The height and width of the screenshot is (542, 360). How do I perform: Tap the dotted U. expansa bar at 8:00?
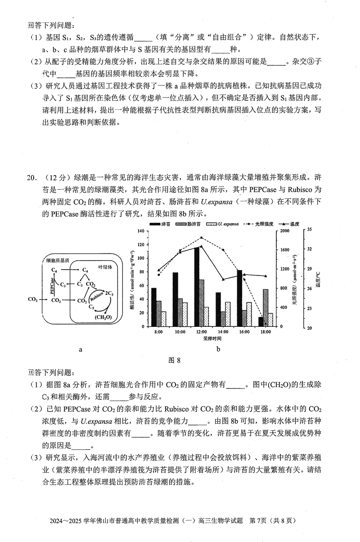(x=163, y=319)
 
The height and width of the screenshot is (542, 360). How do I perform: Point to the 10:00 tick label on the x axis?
(x=180, y=332)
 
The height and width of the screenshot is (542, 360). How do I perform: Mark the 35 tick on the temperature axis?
(x=309, y=230)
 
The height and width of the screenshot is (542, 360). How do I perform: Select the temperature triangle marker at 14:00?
(x=223, y=280)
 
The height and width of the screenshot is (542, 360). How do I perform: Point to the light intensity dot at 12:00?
(x=201, y=238)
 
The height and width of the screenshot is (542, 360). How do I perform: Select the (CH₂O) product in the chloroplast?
(x=103, y=317)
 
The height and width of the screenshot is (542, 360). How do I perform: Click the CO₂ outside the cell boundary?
(x=33, y=299)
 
